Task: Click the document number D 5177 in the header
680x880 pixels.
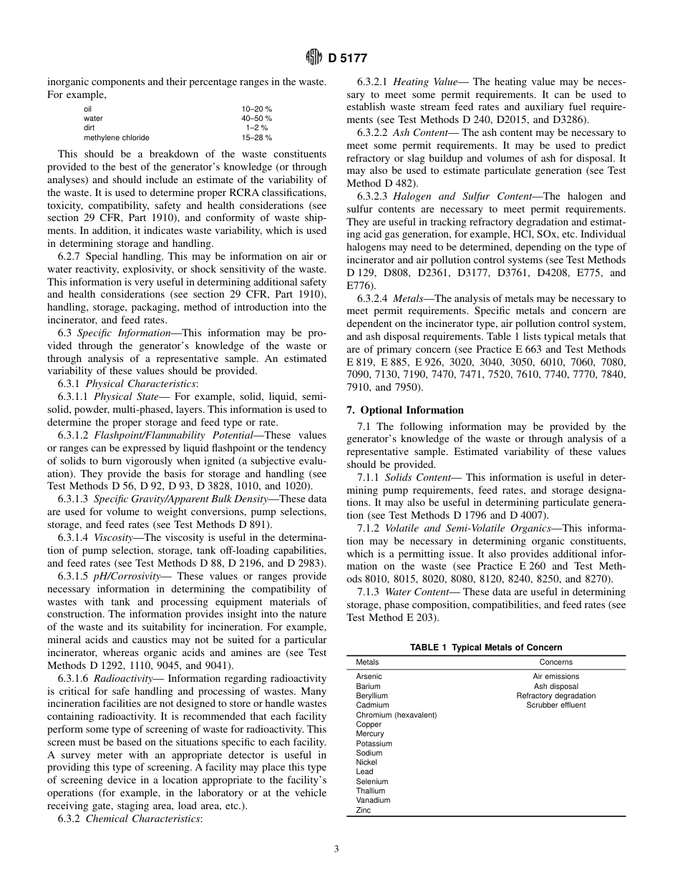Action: (347, 59)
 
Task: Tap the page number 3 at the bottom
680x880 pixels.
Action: (336, 849)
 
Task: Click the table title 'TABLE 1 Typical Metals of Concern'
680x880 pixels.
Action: (485, 647)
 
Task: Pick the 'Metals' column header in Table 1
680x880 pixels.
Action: (367, 663)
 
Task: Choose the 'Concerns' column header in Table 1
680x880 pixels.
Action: (555, 663)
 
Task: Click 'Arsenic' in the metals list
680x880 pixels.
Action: (369, 676)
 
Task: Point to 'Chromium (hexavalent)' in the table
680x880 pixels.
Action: (396, 715)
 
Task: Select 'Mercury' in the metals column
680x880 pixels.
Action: (369, 733)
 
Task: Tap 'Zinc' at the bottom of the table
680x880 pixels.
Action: (364, 811)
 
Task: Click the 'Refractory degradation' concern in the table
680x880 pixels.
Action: (555, 695)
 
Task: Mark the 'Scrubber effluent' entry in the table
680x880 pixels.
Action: (555, 705)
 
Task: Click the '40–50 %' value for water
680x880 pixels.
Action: (256, 118)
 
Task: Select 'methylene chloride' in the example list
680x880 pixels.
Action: (117, 137)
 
